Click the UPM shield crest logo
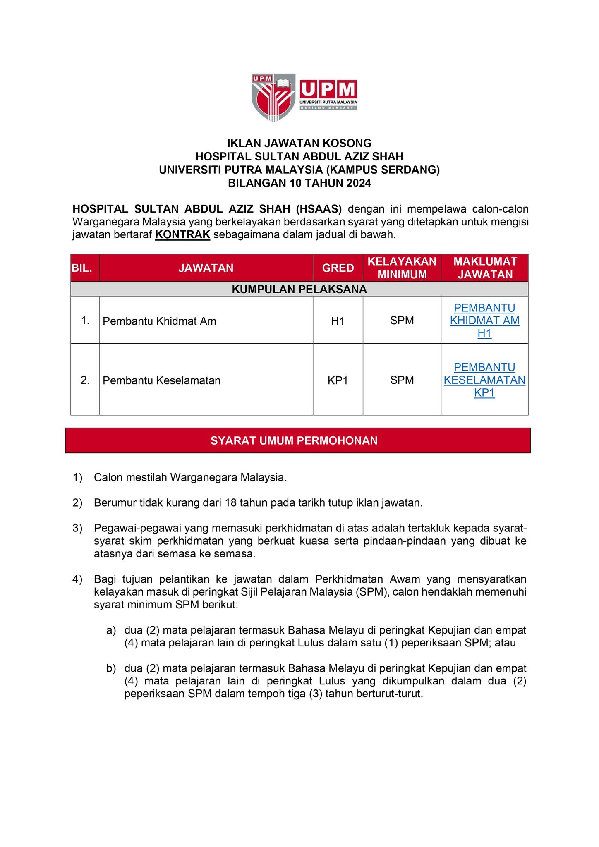pos(273,97)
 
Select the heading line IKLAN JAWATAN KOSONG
pos(299,143)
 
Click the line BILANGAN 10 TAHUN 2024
pos(299,183)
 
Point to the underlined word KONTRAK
pos(183,235)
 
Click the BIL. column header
pos(85,268)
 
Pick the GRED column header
pos(338,268)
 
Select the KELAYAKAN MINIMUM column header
pos(402,268)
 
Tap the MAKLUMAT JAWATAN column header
pos(485,268)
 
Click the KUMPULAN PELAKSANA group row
pos(299,289)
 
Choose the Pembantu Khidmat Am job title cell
pos(159,321)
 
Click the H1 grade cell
pos(338,321)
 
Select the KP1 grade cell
pos(338,380)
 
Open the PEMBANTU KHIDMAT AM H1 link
pos(484,321)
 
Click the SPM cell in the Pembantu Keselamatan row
pos(402,380)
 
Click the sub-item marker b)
pos(111,668)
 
